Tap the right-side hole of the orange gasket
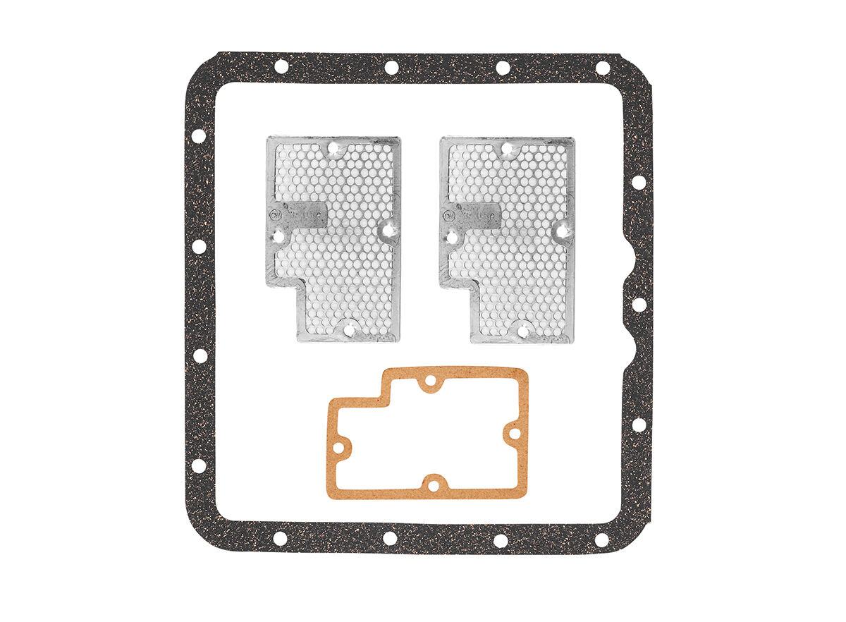point(514,433)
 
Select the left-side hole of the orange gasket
point(339,447)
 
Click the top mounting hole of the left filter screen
point(335,148)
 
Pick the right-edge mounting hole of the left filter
point(387,228)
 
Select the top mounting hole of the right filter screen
point(507,148)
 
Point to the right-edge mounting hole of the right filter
point(561,228)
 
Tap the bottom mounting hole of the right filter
point(522,328)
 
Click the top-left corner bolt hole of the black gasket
point(281,67)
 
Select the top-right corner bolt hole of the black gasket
point(603,68)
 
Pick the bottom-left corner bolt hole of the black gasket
point(280,539)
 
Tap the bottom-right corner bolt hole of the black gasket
point(601,539)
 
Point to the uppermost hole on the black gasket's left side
point(199,135)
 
